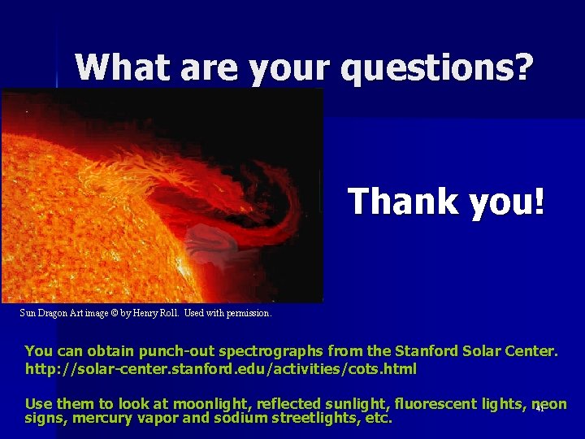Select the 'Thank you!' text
click(446, 201)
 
